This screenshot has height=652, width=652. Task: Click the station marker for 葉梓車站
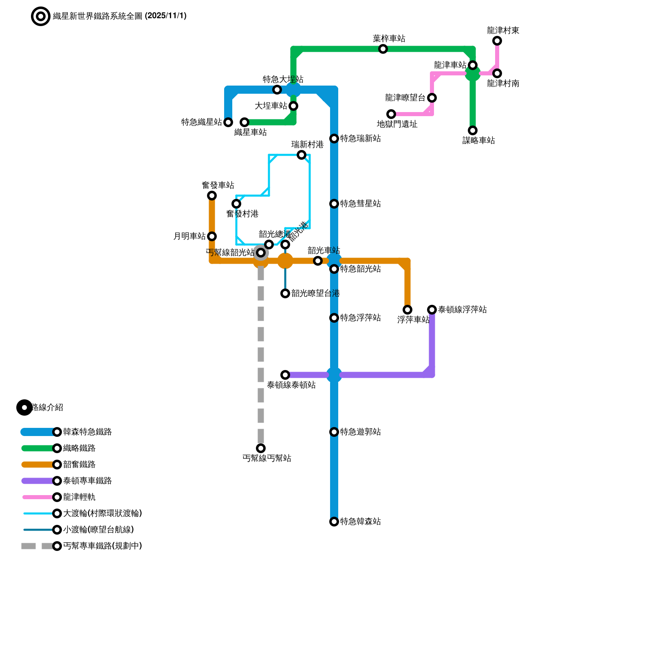(x=383, y=49)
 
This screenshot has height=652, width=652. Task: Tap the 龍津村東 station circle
(x=497, y=41)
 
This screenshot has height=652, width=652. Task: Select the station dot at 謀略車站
(x=473, y=130)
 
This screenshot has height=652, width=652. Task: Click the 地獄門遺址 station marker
(x=391, y=114)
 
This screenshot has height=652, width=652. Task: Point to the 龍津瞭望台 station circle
(x=432, y=98)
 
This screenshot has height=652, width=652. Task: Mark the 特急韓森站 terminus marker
(x=334, y=522)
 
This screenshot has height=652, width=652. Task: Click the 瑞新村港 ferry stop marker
(x=302, y=155)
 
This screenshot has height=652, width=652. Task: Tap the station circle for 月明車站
(x=212, y=236)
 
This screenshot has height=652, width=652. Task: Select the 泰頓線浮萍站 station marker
(x=432, y=310)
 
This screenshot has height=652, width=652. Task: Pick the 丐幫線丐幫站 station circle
(x=261, y=448)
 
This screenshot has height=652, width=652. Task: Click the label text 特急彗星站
(x=361, y=204)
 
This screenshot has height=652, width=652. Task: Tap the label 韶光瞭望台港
(x=316, y=293)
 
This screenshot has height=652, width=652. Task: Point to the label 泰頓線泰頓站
(x=291, y=385)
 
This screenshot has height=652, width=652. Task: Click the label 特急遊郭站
(x=361, y=432)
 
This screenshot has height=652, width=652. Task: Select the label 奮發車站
(x=218, y=185)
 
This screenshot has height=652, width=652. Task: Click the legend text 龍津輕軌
(x=79, y=497)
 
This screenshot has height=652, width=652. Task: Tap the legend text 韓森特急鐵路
(x=88, y=432)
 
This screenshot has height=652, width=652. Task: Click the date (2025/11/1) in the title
(x=165, y=16)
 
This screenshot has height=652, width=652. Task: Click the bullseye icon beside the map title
(x=41, y=16)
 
